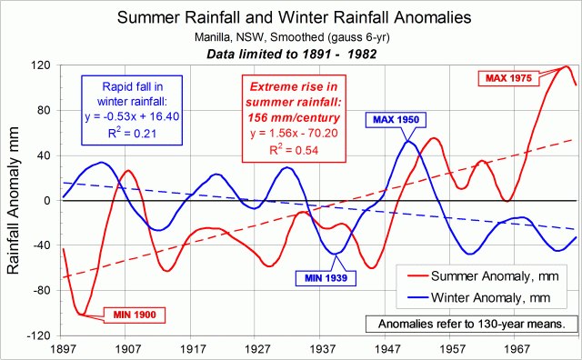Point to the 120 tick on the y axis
point(43,66)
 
